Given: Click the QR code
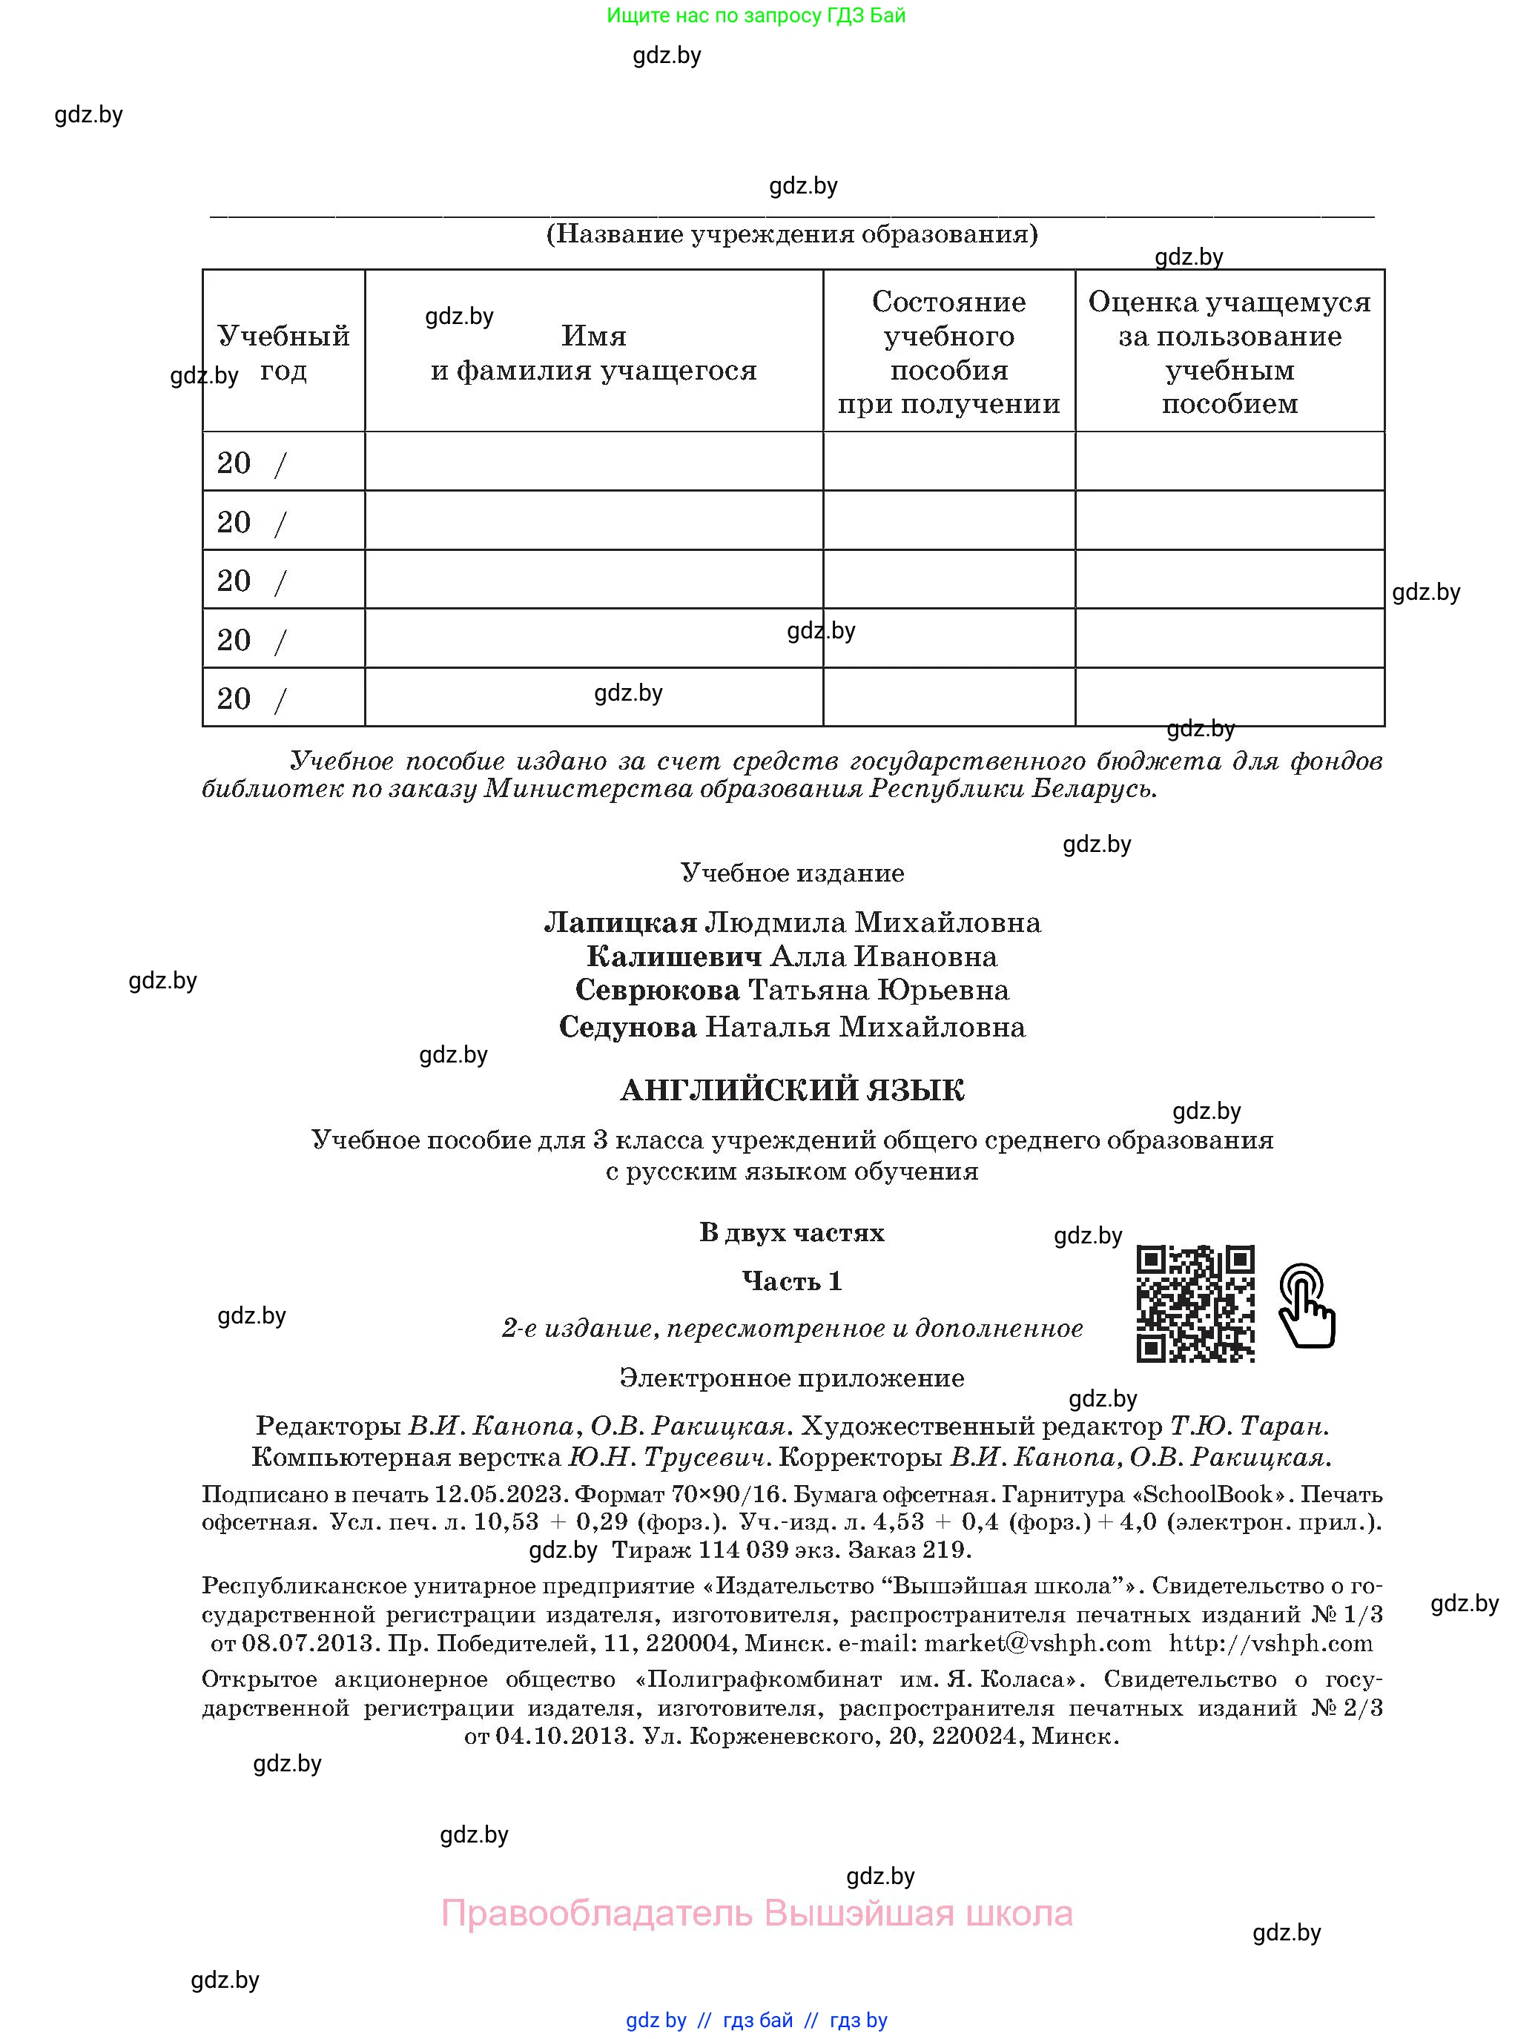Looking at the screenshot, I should [x=1195, y=1303].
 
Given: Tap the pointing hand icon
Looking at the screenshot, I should [x=1307, y=1306].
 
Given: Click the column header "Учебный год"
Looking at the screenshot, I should [x=283, y=353].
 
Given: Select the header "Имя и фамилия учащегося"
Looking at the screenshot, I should [x=593, y=353].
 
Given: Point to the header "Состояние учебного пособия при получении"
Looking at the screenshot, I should [x=948, y=352].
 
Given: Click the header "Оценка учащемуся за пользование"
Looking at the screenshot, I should [x=1229, y=352].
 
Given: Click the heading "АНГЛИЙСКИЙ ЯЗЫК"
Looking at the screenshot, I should [x=792, y=1090].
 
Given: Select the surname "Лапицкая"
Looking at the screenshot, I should [x=621, y=922].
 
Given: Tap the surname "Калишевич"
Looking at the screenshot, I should [x=674, y=956].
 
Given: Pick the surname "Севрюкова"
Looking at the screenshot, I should [x=658, y=990].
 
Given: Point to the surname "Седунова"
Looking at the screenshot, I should [x=628, y=1027].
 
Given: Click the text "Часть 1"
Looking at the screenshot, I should [x=792, y=1280].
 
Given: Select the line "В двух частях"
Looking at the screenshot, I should [x=792, y=1232].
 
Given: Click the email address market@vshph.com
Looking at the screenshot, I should [x=1037, y=1643].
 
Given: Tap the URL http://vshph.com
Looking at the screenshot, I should [x=1271, y=1643].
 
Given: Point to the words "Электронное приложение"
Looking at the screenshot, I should [x=792, y=1378].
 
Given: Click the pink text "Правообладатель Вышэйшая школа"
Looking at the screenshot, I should [x=756, y=1914].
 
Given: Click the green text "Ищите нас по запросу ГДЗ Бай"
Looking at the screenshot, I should [x=756, y=16].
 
